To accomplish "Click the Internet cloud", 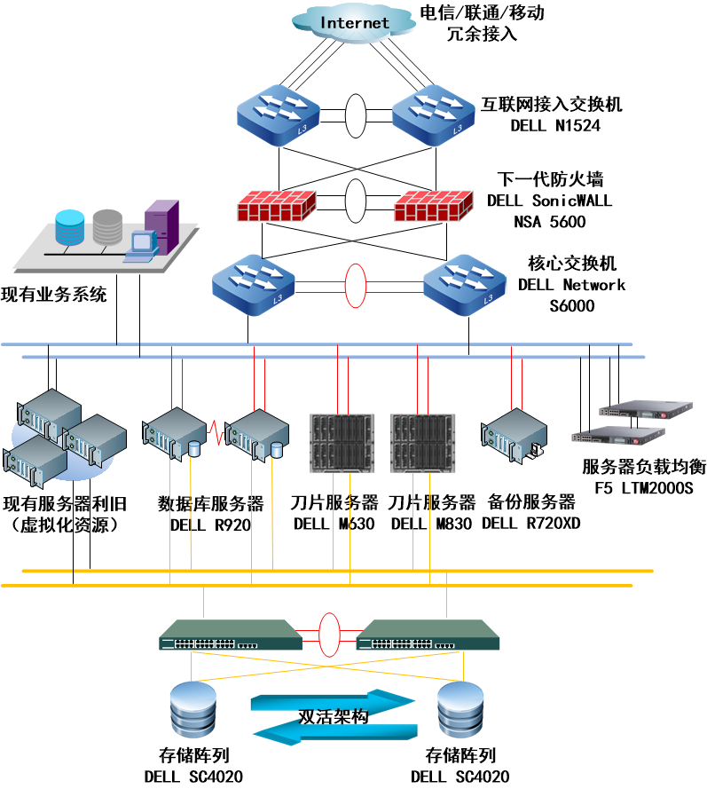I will (355, 22).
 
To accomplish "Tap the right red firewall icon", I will (432, 206).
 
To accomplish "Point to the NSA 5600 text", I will (549, 222).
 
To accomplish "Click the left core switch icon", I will (253, 285).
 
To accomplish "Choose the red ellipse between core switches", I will (356, 285).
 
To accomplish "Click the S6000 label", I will (571, 306).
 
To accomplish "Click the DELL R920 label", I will (210, 524).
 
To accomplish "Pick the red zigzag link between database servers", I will (216, 434).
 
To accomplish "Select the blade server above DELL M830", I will (418, 442).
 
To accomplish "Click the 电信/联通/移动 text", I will (482, 14).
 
